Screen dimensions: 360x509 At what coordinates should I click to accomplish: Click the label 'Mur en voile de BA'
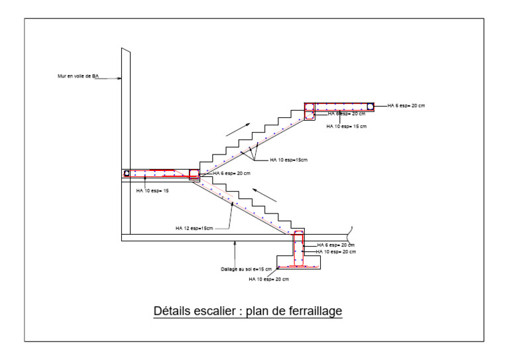tap(78, 77)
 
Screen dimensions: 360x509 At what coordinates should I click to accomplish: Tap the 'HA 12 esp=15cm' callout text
tap(194, 228)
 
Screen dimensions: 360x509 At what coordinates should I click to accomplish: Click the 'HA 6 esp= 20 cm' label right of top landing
tap(406, 105)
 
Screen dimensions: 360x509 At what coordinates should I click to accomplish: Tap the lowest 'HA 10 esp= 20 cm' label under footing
tap(268, 279)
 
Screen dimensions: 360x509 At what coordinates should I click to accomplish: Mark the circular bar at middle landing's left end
tap(126, 174)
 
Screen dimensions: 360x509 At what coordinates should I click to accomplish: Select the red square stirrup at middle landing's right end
tap(194, 174)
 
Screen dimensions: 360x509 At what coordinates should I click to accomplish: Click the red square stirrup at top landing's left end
tap(309, 107)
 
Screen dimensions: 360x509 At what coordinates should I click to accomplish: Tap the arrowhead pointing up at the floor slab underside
tap(234, 244)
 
